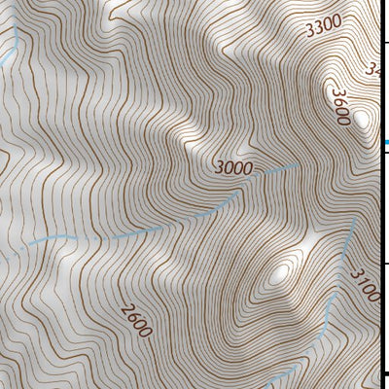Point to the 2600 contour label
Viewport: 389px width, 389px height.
(x=137, y=320)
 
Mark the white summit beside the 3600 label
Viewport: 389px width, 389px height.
(x=362, y=120)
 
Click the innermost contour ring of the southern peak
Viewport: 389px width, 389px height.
(x=283, y=273)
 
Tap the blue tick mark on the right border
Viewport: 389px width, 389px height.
(x=385, y=143)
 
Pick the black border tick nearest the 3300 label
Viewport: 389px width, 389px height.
(x=384, y=41)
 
